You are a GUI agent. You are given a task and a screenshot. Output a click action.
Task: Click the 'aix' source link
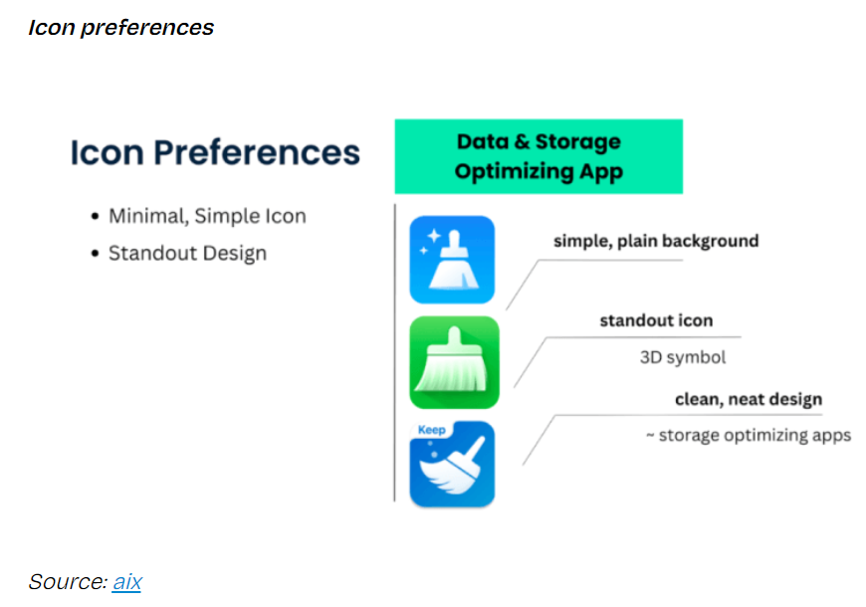[127, 582]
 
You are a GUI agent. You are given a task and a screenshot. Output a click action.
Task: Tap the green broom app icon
[454, 362]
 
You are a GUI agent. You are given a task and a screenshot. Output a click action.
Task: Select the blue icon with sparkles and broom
[452, 260]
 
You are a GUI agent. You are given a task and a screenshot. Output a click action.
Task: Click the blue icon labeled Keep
[452, 464]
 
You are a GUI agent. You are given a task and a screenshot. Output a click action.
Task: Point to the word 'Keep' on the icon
[431, 430]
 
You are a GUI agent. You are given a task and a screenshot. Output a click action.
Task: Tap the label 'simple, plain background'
[656, 241]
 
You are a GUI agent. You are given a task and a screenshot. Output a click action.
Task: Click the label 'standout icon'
[656, 320]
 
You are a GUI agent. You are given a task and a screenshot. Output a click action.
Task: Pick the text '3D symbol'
[683, 357]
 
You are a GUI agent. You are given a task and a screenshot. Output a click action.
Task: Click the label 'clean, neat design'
[749, 399]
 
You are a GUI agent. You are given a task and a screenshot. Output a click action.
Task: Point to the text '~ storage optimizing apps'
[749, 435]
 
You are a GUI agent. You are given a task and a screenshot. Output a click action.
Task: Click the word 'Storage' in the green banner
[577, 142]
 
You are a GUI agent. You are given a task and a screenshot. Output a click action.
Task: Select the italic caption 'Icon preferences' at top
[121, 28]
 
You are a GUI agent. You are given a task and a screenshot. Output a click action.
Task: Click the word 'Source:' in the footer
[68, 582]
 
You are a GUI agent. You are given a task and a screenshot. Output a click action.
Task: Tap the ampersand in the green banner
[522, 142]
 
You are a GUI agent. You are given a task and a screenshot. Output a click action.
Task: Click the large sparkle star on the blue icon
[434, 235]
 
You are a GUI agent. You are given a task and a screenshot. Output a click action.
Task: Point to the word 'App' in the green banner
[601, 172]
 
